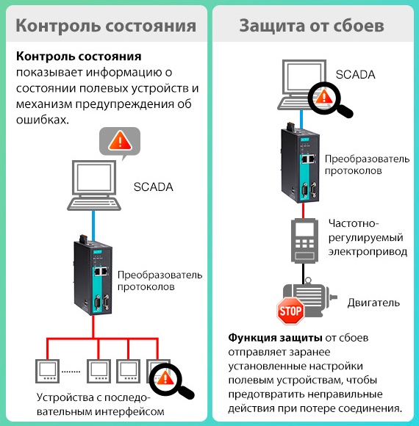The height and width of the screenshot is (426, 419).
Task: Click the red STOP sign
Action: (x=290, y=311)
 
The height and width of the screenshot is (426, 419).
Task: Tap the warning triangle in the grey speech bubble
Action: (x=120, y=141)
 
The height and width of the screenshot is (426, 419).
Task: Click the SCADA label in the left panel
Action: (x=154, y=187)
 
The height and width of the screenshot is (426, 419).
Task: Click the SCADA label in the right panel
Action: (x=355, y=74)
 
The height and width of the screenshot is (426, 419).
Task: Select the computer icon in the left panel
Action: (x=94, y=185)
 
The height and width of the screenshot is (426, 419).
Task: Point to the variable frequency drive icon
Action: (x=304, y=240)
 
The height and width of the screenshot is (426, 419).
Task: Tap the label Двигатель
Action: (x=373, y=303)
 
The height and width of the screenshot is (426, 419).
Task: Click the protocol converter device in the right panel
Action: (x=300, y=163)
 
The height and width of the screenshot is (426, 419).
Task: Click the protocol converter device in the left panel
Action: (x=93, y=275)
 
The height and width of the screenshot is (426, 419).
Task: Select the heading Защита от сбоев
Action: (x=312, y=26)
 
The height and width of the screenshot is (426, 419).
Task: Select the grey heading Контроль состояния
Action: (x=106, y=26)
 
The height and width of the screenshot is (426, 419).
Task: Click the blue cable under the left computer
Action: (x=93, y=225)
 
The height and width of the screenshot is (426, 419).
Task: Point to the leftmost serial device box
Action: (x=47, y=371)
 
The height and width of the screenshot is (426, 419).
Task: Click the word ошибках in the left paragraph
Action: (x=43, y=120)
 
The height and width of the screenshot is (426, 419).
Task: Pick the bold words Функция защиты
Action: (x=275, y=338)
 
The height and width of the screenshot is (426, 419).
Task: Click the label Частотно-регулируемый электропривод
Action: (x=368, y=237)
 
